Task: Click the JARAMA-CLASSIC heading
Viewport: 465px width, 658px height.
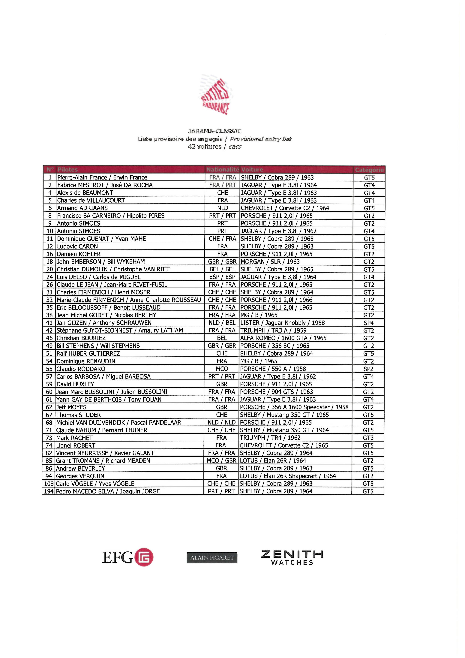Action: [x=215, y=131]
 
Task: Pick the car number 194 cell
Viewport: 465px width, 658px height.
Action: [x=49, y=491]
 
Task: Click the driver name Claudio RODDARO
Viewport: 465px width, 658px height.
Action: [x=81, y=369]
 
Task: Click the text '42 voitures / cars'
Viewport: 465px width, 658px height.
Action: [x=214, y=147]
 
